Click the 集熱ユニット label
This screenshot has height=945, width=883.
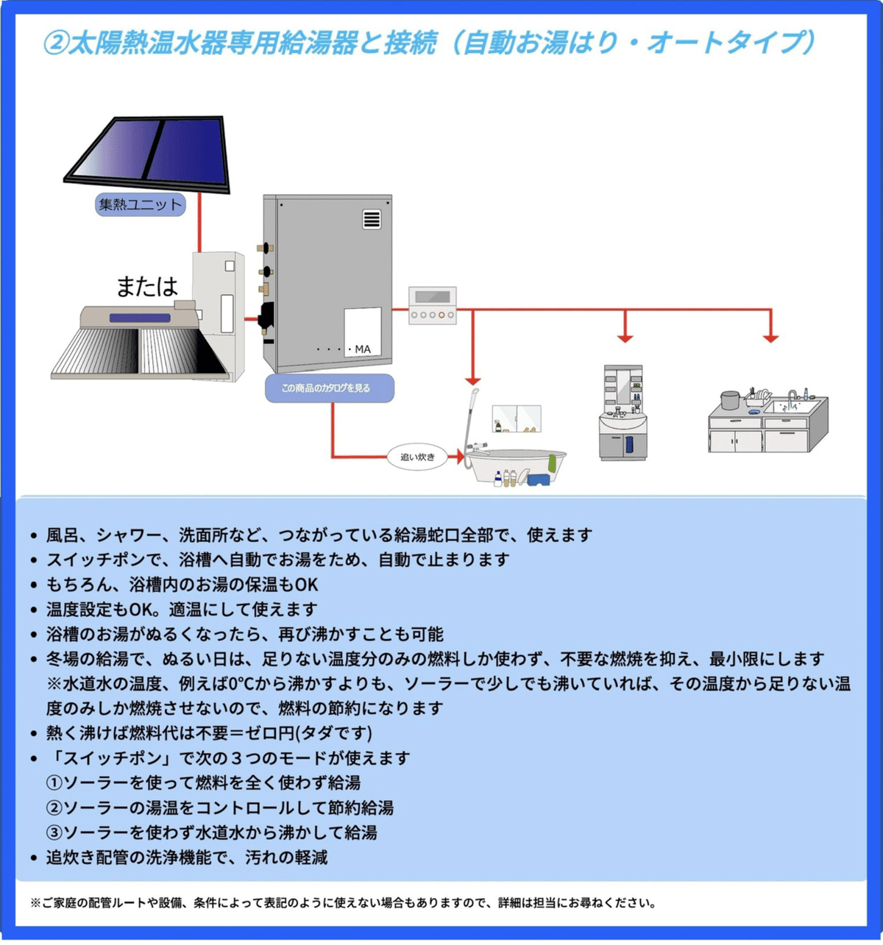[x=140, y=204]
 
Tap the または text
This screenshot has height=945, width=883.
[x=147, y=286]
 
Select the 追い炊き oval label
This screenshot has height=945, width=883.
[x=417, y=457]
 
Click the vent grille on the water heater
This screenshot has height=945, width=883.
[x=372, y=219]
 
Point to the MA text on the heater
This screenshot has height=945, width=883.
[x=363, y=349]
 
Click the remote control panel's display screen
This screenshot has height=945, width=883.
[x=432, y=297]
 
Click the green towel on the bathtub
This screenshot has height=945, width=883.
[x=552, y=463]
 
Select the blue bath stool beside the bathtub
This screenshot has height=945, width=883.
[x=539, y=479]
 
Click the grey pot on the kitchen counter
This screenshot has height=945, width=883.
[x=729, y=400]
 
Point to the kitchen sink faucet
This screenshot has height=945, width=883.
[x=792, y=398]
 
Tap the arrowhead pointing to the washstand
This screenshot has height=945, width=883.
[x=625, y=338]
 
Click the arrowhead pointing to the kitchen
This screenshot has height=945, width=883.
[x=770, y=338]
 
